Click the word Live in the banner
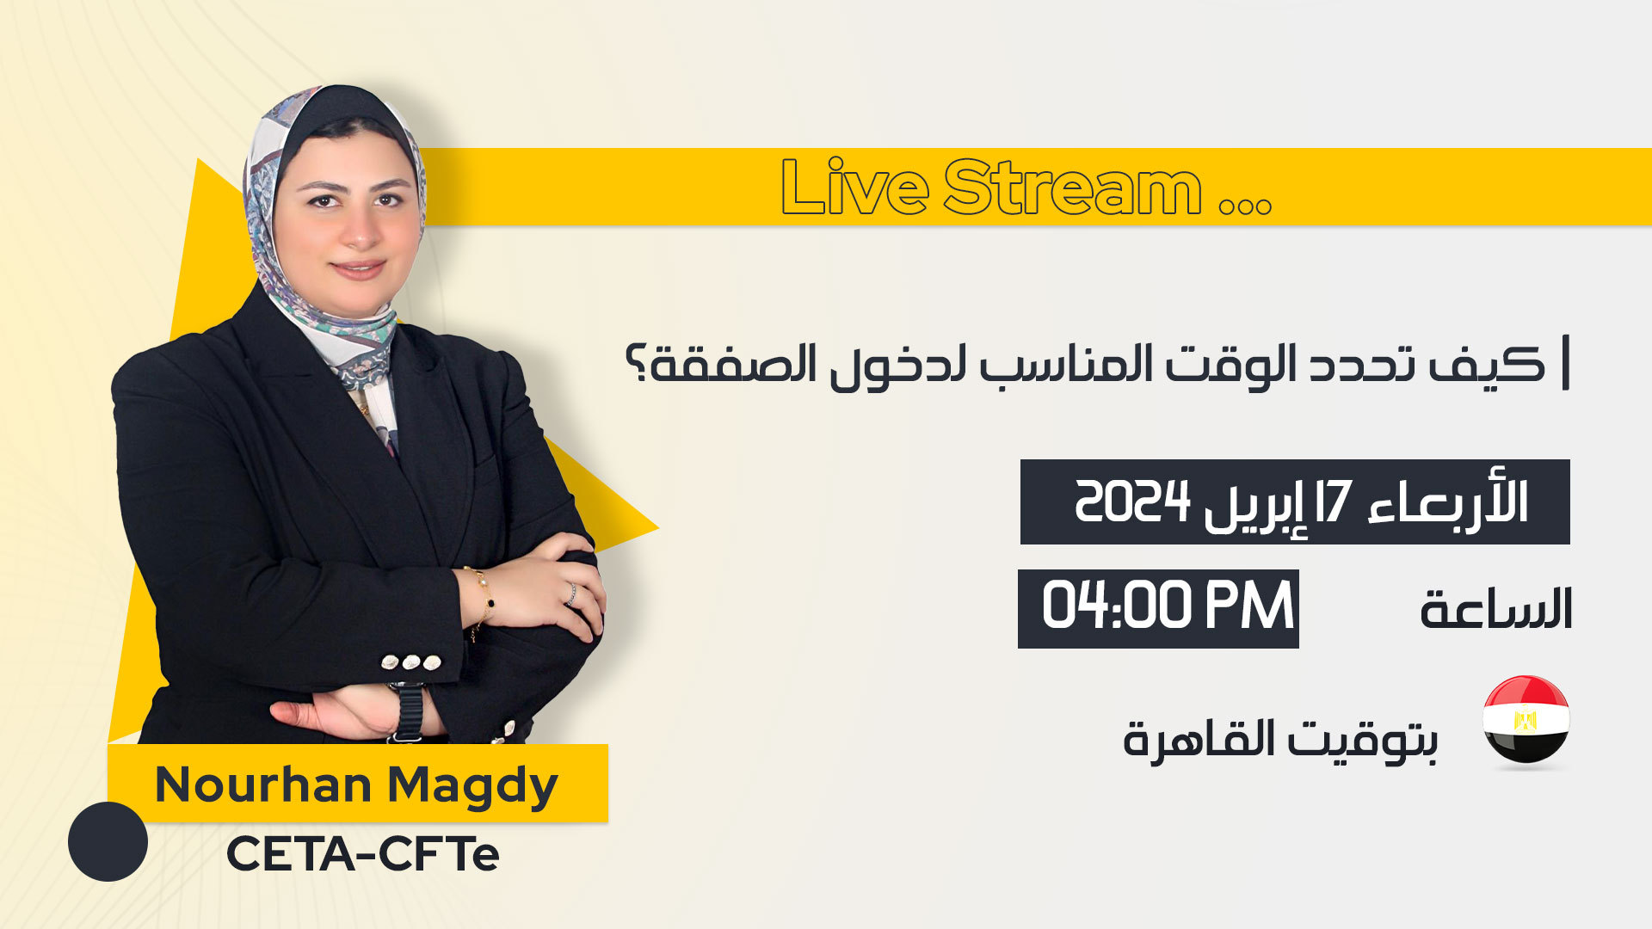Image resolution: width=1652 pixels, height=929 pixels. coord(854,187)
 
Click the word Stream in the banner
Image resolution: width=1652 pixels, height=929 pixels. coord(1073,187)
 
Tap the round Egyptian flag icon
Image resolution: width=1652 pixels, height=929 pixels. coord(1526,720)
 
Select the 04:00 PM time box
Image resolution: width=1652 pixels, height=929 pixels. coord(1158,608)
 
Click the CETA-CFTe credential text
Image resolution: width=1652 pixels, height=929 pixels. coord(363,854)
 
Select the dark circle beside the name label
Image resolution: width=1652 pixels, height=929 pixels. coord(108,841)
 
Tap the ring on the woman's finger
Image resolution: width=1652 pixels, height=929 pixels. coord(570,594)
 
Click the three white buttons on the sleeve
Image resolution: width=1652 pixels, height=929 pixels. coord(411,662)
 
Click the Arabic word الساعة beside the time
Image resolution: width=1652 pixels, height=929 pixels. coord(1496,608)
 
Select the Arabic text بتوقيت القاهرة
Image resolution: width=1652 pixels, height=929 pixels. coord(1280,739)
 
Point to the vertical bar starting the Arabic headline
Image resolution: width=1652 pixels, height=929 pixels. coord(1566,363)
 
